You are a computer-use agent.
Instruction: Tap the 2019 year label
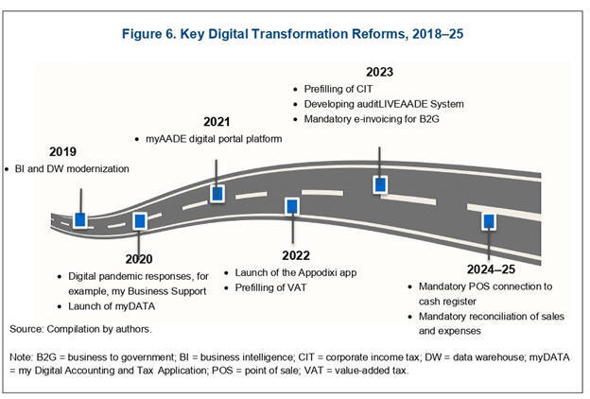62,151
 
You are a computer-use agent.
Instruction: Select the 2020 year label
139,259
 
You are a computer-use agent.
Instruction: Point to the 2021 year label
217,122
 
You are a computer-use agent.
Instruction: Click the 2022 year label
296,255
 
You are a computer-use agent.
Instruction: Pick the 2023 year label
379,72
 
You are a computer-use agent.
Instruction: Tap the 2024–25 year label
491,269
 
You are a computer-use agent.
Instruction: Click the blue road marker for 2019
80,219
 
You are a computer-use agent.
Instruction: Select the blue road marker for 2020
140,221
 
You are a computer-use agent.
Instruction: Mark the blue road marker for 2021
217,194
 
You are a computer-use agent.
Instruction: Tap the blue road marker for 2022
292,207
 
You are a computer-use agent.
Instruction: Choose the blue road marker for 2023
380,184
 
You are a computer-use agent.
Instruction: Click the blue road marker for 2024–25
489,221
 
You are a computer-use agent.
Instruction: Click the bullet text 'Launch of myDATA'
112,306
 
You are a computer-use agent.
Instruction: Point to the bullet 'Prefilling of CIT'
338,89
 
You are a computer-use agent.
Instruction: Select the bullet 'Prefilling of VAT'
270,288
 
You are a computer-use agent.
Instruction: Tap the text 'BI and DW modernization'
72,169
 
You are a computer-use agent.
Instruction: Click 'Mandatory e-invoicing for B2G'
372,119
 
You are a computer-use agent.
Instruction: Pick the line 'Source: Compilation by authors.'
80,329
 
